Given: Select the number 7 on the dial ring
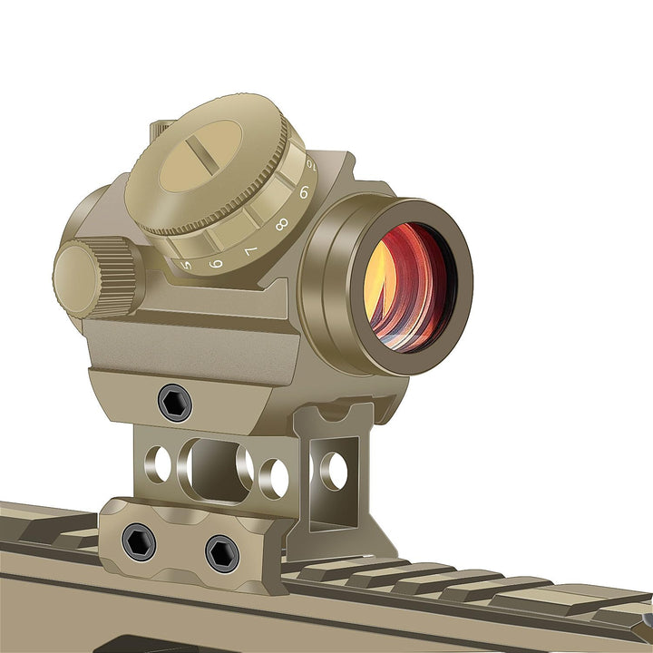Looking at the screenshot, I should click(x=250, y=249).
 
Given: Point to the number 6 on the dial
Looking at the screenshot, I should click(x=216, y=262).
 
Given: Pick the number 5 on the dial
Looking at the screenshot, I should click(x=187, y=265).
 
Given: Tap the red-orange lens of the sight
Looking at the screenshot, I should click(x=407, y=286).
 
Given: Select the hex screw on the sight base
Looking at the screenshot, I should click(x=174, y=402).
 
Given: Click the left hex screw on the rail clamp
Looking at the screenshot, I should click(x=139, y=541).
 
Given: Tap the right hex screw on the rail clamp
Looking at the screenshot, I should click(x=221, y=553).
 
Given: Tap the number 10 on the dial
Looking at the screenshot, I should click(x=311, y=166).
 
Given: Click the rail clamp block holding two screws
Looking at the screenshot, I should click(x=181, y=544).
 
